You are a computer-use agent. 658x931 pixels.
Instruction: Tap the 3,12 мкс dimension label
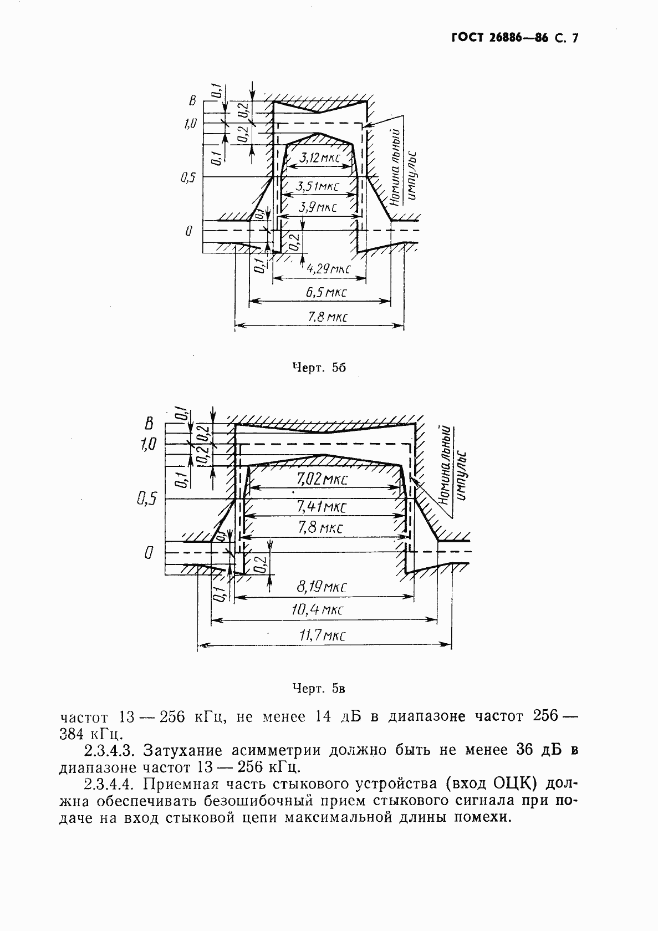point(319,159)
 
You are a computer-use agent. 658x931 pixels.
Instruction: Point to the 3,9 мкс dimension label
point(318,208)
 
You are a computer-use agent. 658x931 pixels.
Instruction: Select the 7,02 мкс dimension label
point(322,479)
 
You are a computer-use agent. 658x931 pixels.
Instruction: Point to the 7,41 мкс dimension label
point(322,506)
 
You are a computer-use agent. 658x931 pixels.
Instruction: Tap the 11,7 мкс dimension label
point(322,635)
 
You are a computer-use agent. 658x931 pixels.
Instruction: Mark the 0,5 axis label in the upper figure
point(188,179)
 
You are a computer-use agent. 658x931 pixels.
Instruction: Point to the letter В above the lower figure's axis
point(148,425)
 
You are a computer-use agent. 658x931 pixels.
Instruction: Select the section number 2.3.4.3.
point(109,751)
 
